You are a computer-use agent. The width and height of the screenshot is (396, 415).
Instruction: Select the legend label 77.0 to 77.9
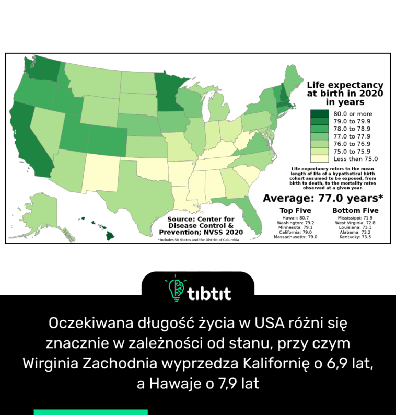pos(352,136)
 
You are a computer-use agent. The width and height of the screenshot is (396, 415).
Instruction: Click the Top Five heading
pos(296,210)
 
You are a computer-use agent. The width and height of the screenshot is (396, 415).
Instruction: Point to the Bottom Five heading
pos(355,210)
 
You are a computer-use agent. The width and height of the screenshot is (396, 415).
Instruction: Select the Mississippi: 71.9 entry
pos(355,217)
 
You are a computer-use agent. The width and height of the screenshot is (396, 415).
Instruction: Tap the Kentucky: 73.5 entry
pos(355,237)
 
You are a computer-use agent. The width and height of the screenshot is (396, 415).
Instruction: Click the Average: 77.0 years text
pos(323,198)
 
